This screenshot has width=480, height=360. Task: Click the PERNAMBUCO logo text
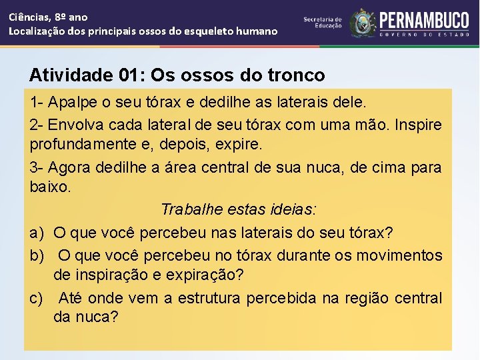click(x=424, y=19)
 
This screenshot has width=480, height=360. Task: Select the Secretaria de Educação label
click(x=323, y=23)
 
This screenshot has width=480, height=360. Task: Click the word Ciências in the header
click(x=29, y=17)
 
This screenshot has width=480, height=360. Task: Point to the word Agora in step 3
click(x=69, y=167)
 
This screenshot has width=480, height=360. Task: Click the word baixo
click(x=49, y=187)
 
